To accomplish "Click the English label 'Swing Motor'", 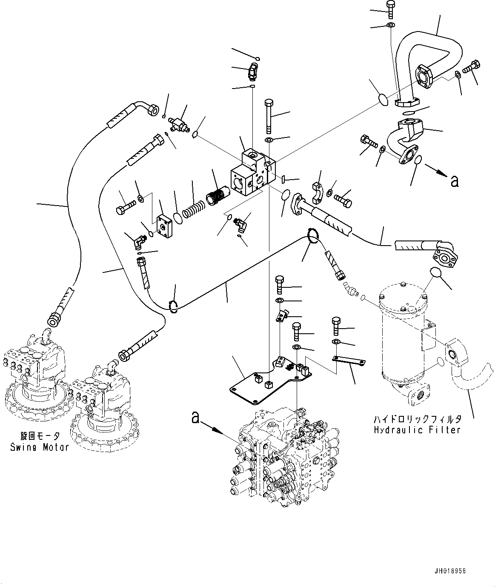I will tap(40, 447).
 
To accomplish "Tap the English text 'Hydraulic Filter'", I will tap(417, 430).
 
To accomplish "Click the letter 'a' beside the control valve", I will tap(195, 418).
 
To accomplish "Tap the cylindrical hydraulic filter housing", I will tap(402, 336).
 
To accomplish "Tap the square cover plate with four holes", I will tap(166, 225).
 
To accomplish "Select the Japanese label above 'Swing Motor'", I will tap(40, 436).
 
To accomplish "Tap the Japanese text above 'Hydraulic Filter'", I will tap(417, 419).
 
